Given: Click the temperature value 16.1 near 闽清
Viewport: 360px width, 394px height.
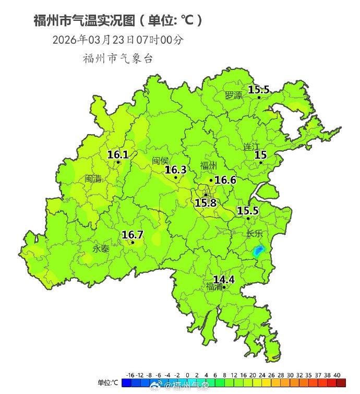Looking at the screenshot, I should tap(118, 154).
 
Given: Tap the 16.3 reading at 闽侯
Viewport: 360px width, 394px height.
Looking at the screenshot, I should tap(176, 170).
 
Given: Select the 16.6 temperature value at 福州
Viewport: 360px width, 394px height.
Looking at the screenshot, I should tap(225, 180).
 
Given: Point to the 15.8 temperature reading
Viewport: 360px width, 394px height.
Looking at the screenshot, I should tap(206, 202).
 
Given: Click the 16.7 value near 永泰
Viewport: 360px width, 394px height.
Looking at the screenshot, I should tap(133, 235).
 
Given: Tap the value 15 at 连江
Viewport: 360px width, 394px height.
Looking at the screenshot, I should tap(260, 154).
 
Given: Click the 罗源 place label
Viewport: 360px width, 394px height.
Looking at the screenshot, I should tap(234, 95).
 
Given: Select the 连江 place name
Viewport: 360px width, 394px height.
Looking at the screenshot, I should tap(252, 147).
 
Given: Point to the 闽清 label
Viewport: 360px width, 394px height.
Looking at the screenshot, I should tap(93, 178).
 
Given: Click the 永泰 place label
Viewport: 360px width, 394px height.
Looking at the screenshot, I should tap(101, 249).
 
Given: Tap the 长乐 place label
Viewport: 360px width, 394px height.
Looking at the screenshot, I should tap(255, 233).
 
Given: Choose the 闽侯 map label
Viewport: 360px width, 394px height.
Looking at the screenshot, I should tap(161, 161).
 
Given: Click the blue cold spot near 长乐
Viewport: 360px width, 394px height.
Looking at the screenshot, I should tap(258, 251).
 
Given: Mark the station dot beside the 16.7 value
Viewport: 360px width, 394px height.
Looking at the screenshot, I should tap(133, 242).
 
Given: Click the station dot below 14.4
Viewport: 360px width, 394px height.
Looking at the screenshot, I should tap(224, 287).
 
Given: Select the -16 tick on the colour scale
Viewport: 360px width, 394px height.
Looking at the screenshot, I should tap(130, 375).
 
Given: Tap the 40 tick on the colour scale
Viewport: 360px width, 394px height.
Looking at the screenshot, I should tap(337, 375).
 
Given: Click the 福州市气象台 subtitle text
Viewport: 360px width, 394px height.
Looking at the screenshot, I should tap(118, 58).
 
